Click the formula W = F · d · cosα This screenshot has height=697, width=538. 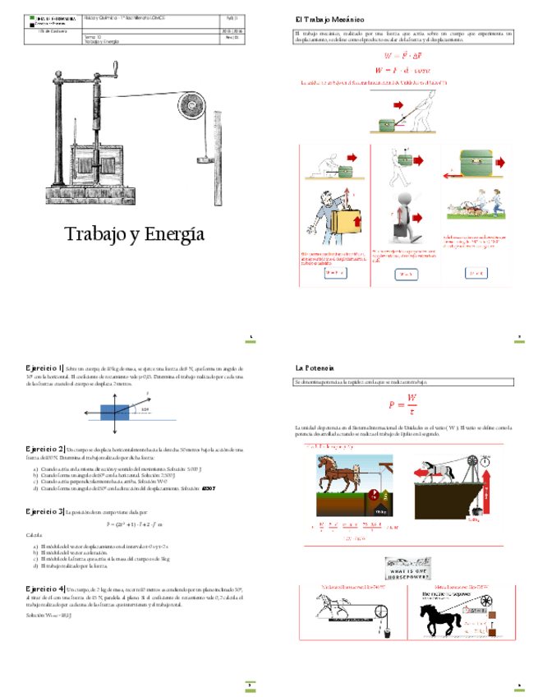pos(402,70)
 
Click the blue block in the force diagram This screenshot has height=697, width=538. pos(114,411)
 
